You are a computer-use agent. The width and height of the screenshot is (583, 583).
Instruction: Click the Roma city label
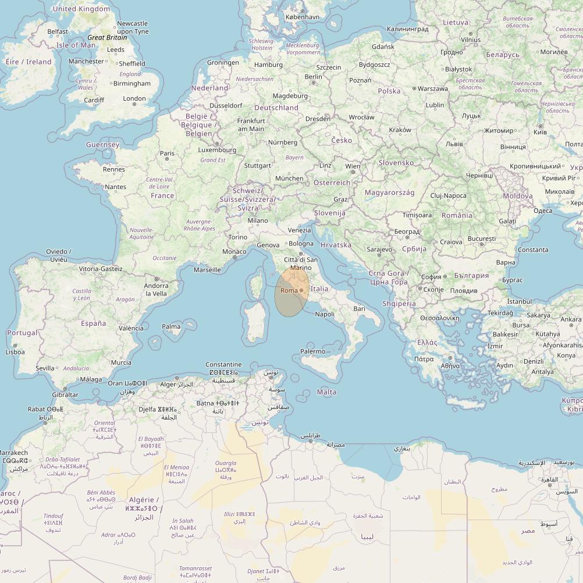tap(289, 290)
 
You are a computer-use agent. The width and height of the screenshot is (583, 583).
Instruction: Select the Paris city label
tap(167, 154)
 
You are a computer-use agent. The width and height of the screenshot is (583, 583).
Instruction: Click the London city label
tap(134, 98)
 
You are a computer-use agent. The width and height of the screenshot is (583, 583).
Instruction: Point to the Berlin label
tap(313, 77)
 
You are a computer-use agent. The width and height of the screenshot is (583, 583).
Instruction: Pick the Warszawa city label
tap(433, 88)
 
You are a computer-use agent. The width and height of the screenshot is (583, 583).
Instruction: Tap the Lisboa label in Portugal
tap(15, 351)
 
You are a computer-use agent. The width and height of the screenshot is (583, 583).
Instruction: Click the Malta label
tap(326, 392)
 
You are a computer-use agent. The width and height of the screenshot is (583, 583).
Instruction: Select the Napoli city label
tap(325, 314)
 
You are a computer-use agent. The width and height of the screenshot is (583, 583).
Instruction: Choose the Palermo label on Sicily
tap(313, 351)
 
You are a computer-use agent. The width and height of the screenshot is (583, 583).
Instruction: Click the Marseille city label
tap(207, 269)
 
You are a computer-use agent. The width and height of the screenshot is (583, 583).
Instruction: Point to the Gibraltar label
tap(65, 394)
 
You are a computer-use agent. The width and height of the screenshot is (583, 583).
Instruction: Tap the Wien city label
tap(353, 166)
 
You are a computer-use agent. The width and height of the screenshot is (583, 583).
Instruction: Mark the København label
tap(303, 17)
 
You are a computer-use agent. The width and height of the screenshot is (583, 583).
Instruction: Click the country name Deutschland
tap(276, 108)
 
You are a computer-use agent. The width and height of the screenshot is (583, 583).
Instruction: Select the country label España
tap(93, 323)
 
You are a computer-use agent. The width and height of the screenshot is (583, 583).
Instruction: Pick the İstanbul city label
tap(519, 301)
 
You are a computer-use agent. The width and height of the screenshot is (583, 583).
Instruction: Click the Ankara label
tap(571, 319)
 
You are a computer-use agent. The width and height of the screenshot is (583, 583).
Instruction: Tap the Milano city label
tap(258, 221)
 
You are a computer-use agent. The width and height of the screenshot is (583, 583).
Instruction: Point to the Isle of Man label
tap(76, 45)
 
